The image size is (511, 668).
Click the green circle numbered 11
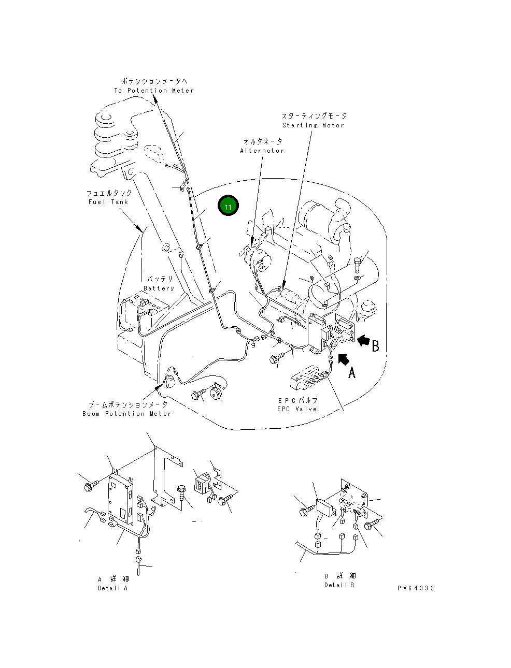point(228,206)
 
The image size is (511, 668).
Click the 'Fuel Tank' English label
point(108,202)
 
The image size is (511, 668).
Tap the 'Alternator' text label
point(262,151)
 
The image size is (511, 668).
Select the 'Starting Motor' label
point(313,125)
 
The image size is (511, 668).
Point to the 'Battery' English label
point(159,288)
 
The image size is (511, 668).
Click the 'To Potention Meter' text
point(154,91)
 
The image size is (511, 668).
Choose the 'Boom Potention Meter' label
point(126,414)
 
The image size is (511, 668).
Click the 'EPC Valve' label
point(297,409)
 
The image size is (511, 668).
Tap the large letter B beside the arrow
point(375,345)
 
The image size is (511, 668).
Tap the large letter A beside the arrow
point(352,372)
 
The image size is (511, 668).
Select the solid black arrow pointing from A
point(342,358)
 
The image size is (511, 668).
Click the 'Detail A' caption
point(112,588)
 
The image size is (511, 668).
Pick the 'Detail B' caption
point(339,585)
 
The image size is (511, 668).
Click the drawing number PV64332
point(416,588)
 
